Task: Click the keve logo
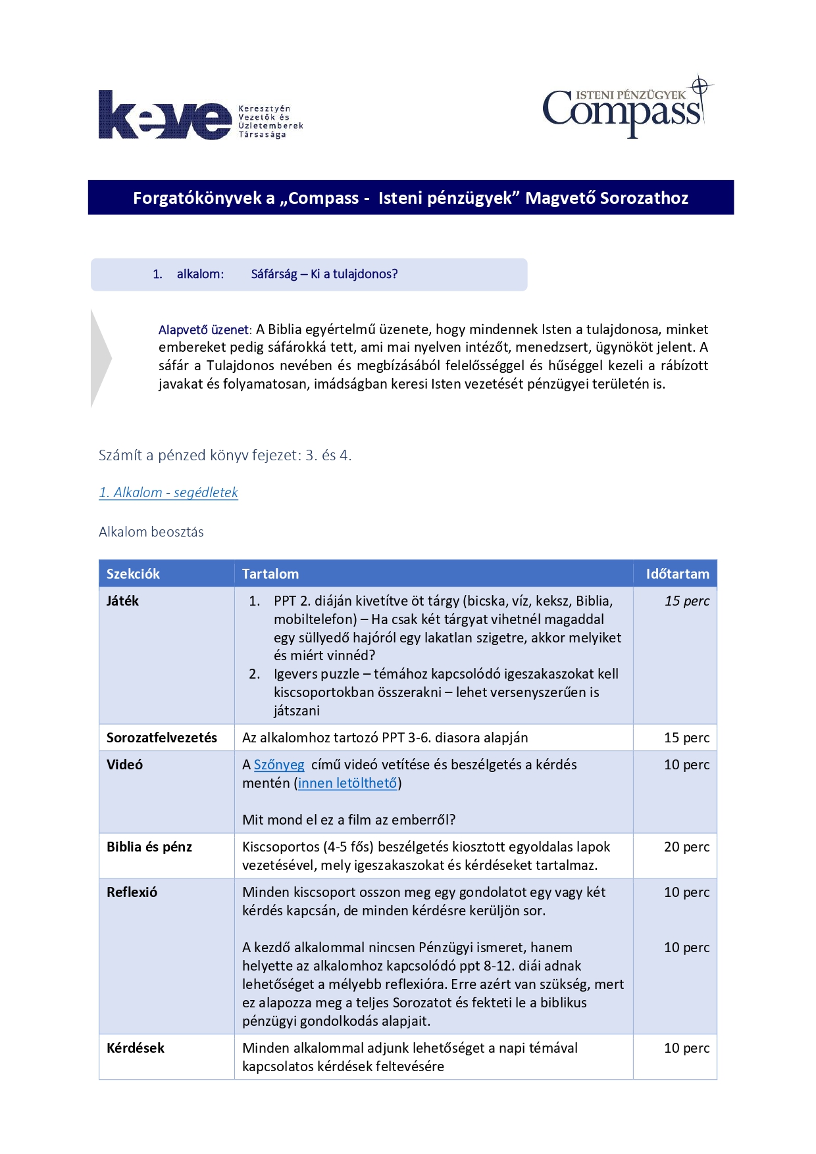click(165, 116)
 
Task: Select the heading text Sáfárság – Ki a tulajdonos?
click(324, 274)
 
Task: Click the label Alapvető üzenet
click(203, 329)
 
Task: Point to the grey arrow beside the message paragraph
click(101, 358)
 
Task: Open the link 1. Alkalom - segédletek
click(168, 493)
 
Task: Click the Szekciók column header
click(133, 574)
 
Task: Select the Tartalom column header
click(270, 574)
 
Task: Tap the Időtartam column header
click(677, 574)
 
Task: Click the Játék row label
click(122, 601)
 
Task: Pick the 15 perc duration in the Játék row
click(686, 601)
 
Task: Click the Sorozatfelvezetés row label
click(161, 738)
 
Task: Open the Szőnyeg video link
click(279, 765)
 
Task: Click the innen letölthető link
click(347, 783)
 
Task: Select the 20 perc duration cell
click(686, 847)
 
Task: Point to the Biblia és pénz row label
click(149, 847)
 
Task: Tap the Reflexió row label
click(132, 892)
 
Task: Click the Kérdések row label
click(135, 1048)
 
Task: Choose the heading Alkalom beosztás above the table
click(151, 532)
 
